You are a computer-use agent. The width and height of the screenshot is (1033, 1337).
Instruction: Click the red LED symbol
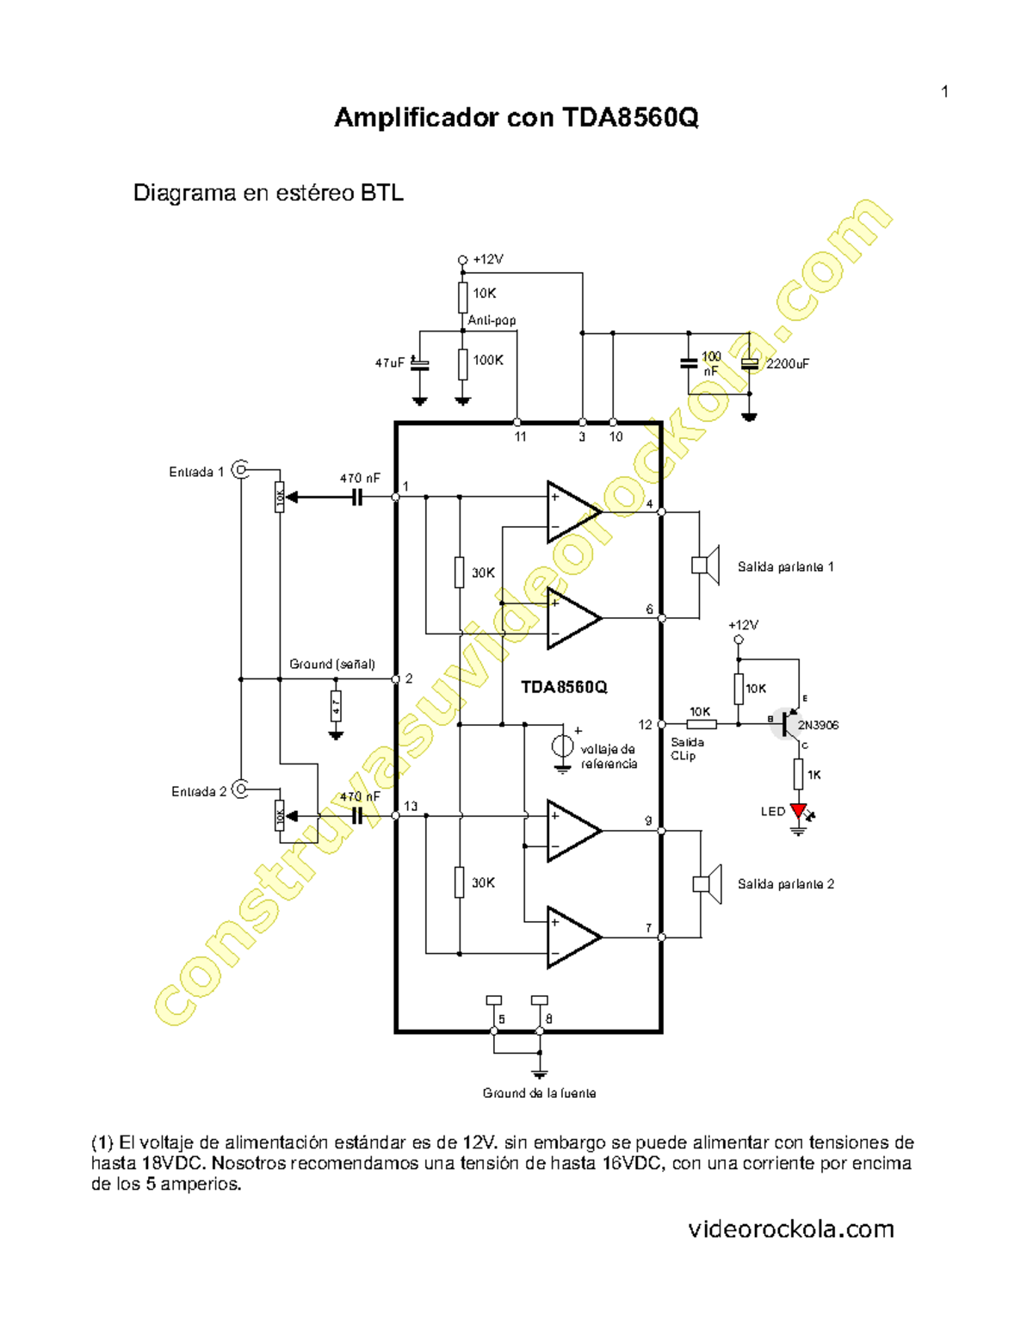click(799, 811)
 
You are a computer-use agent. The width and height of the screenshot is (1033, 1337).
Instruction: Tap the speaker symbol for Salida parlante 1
click(707, 566)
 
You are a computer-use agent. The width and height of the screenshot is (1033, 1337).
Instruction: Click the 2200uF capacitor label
click(788, 364)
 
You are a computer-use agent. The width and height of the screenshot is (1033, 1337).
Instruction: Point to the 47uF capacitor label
click(389, 363)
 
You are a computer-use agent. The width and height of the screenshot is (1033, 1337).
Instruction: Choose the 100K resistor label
click(488, 360)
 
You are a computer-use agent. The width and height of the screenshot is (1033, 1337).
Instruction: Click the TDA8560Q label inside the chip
click(564, 687)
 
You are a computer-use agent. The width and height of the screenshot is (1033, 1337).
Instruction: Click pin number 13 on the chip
click(411, 807)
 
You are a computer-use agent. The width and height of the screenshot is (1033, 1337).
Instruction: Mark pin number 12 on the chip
click(645, 725)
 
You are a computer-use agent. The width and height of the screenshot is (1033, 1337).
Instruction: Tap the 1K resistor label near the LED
click(813, 775)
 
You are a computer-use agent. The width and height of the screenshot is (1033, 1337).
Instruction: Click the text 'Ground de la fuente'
click(539, 1093)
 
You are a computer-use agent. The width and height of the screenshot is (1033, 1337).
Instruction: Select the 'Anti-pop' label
click(492, 320)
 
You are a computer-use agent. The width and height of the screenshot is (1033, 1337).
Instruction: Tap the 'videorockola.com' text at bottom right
click(791, 1229)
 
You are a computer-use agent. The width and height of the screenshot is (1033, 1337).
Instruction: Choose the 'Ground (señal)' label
click(332, 665)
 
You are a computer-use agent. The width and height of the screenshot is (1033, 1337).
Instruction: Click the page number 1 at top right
click(944, 92)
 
